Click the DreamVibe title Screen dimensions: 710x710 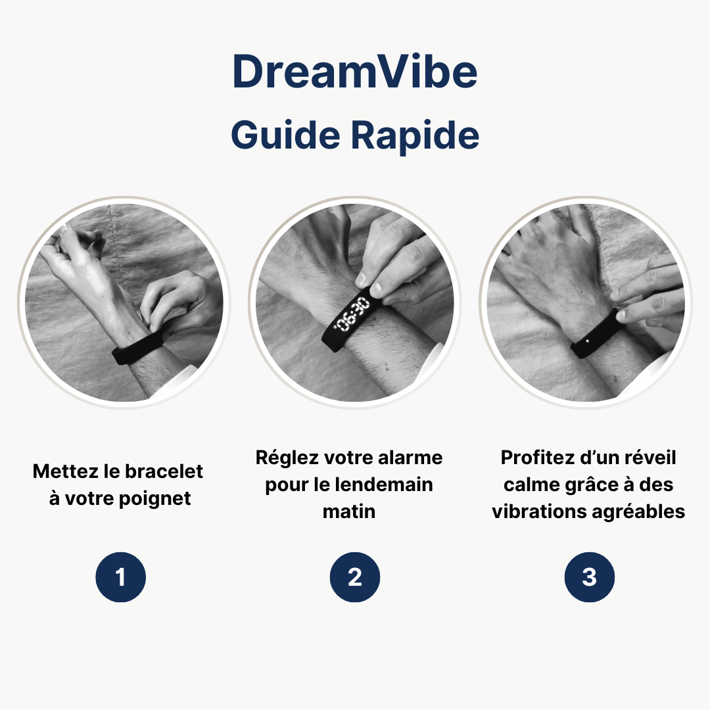click(x=355, y=73)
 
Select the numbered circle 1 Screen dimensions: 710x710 click(x=120, y=577)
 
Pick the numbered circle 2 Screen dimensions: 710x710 click(x=355, y=577)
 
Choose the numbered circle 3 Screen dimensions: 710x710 click(x=590, y=577)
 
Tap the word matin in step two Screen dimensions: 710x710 click(x=349, y=511)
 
